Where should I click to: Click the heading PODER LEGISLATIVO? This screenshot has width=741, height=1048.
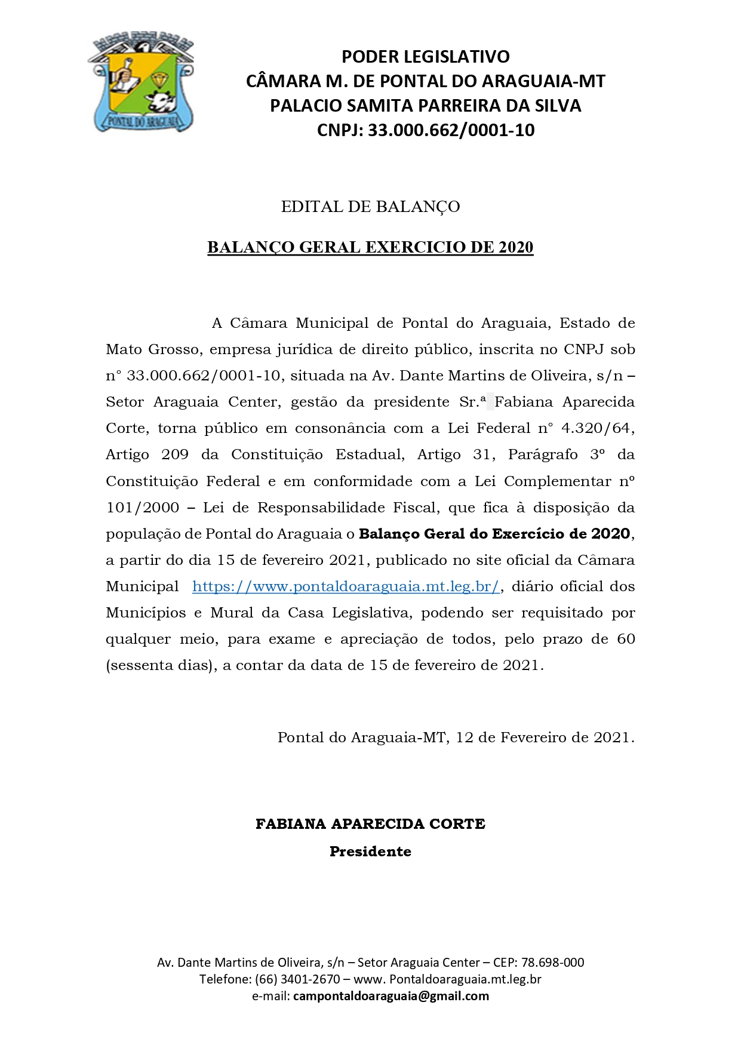pyautogui.click(x=425, y=57)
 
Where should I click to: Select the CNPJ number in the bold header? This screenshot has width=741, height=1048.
pyautogui.click(x=451, y=130)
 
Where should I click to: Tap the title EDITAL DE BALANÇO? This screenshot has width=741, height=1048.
pyautogui.click(x=370, y=207)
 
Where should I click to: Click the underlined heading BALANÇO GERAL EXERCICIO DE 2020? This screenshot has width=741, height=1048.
pyautogui.click(x=370, y=247)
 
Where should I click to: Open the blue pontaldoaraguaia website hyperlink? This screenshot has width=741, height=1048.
pyautogui.click(x=346, y=586)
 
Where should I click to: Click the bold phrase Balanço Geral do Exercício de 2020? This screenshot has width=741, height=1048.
pyautogui.click(x=494, y=534)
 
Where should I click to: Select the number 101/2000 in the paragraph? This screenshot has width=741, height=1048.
pyautogui.click(x=142, y=508)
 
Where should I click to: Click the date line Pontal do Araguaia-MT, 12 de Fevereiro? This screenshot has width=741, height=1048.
pyautogui.click(x=455, y=737)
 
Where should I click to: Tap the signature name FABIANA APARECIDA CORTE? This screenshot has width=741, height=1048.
pyautogui.click(x=370, y=824)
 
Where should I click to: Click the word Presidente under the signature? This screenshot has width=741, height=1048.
pyautogui.click(x=370, y=852)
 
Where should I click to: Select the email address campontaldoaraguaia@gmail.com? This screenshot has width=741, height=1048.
pyautogui.click(x=391, y=996)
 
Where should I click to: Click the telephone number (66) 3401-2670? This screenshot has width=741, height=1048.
pyautogui.click(x=297, y=979)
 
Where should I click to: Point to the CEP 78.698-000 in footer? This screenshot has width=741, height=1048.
pyautogui.click(x=553, y=963)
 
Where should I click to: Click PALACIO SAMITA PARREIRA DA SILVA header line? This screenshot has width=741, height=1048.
pyautogui.click(x=425, y=106)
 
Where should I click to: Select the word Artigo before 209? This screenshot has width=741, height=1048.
pyautogui.click(x=127, y=454)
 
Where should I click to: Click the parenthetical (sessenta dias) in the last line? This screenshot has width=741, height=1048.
pyautogui.click(x=161, y=665)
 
